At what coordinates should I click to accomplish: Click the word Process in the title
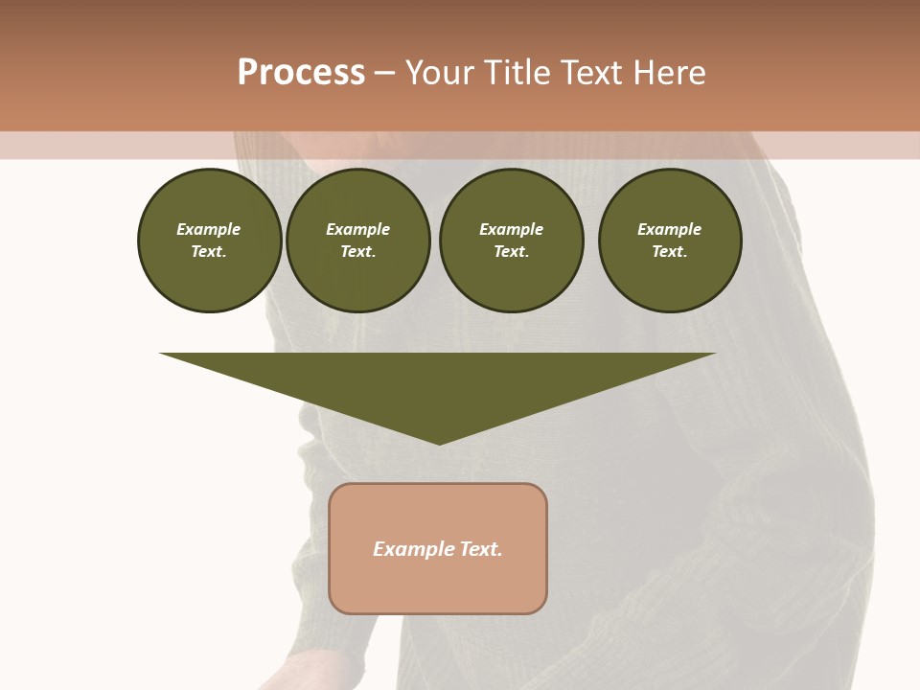[301, 73]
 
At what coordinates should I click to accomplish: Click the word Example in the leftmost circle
[209, 229]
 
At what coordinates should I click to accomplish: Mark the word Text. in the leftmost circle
[209, 251]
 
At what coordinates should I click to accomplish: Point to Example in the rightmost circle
[670, 229]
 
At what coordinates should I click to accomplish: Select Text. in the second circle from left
[358, 251]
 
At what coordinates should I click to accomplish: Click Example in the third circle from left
[511, 229]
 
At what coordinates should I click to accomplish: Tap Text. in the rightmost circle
[670, 251]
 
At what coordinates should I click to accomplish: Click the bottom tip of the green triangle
[439, 442]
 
